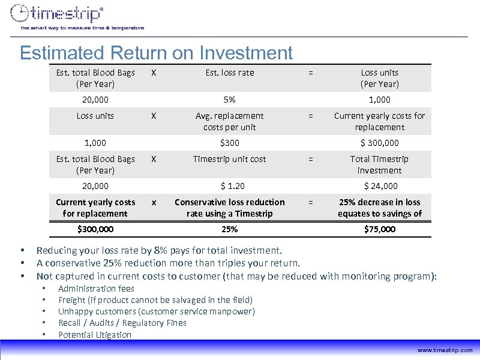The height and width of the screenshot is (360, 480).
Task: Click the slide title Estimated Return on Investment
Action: pos(156,53)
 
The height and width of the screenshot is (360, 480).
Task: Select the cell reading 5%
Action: pos(229,100)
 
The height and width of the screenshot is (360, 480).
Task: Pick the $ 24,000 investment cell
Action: pos(379,186)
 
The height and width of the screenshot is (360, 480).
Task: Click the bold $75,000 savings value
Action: pos(379,229)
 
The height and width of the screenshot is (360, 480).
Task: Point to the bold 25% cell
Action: pos(229,229)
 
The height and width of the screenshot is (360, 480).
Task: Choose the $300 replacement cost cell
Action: pos(229,143)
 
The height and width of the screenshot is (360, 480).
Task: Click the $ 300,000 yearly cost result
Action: pos(379,143)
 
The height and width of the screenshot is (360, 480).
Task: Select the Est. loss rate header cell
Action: pos(229,73)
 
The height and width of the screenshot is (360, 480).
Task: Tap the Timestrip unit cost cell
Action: pos(229,159)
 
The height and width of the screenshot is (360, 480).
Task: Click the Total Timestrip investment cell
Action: pos(379,164)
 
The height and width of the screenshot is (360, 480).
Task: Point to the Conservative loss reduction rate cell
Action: pos(229,208)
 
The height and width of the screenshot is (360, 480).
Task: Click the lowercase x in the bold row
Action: pos(154,202)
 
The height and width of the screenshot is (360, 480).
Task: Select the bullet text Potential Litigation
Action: pos(94,335)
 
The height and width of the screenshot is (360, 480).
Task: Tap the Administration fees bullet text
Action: pos(96,289)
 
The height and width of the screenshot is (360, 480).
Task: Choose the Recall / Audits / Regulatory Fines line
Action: pos(122,323)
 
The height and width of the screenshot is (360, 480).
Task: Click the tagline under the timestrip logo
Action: pos(82,28)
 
